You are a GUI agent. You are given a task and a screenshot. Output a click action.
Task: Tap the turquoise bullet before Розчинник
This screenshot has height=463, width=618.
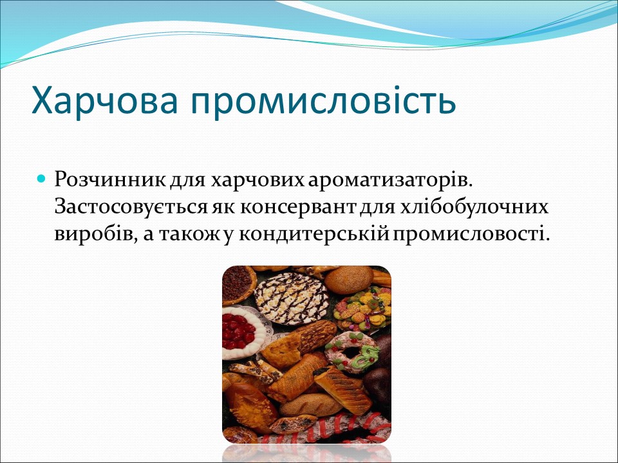tap(42, 177)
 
